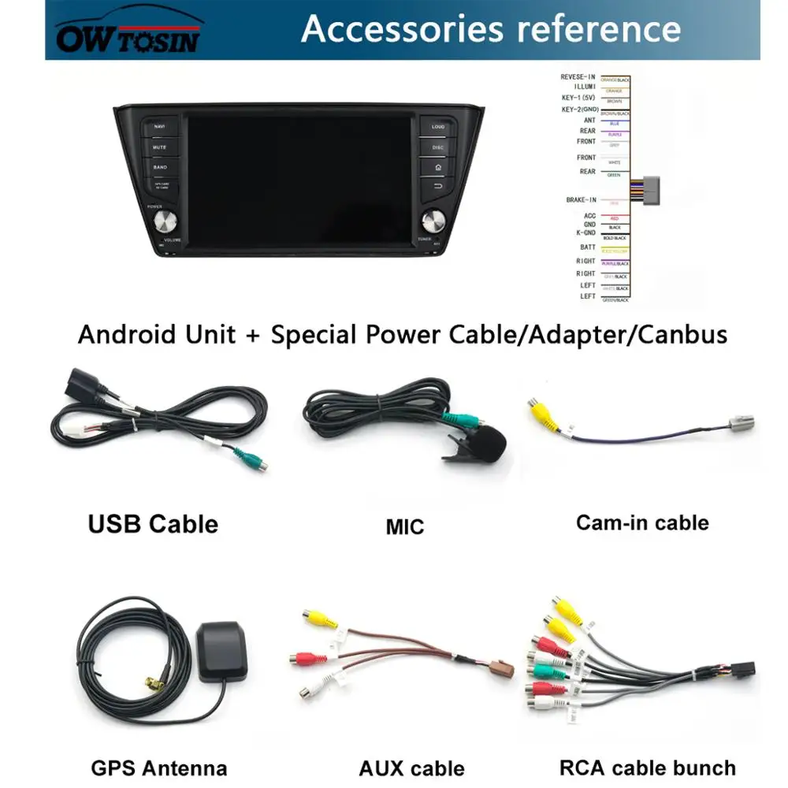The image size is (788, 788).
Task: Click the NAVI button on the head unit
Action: pos(160,127)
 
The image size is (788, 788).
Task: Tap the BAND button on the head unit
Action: pos(160,167)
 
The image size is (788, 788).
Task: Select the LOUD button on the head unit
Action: pos(438,127)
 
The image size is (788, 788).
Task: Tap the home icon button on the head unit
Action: pos(438,167)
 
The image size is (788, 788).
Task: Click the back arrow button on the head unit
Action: pos(438,187)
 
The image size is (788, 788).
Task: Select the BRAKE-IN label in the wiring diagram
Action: pos(582,200)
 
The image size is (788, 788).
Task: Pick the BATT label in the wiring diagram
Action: pos(588,247)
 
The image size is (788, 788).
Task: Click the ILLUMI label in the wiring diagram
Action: pos(585,86)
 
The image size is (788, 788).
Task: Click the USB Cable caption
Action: pos(153,524)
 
